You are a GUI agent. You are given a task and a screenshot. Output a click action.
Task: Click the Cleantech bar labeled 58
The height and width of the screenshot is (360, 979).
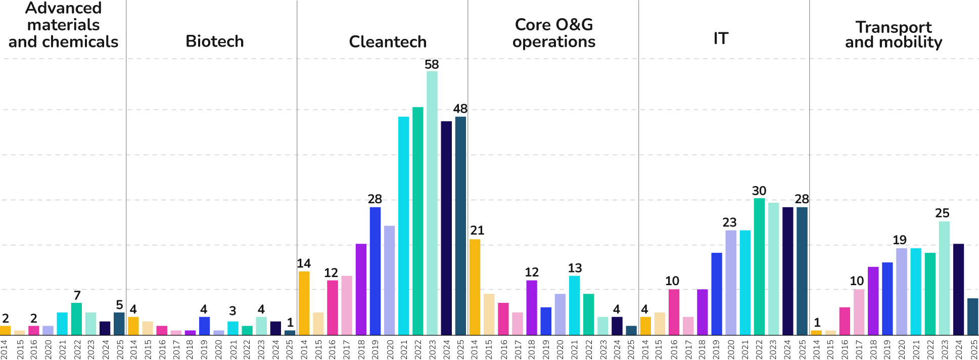pos(432,202)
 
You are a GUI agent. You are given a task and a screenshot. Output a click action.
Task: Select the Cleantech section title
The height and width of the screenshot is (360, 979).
pos(388,41)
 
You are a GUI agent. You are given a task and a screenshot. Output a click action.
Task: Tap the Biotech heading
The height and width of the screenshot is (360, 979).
pos(215,41)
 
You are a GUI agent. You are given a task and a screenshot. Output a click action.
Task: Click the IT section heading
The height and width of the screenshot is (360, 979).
pos(721,38)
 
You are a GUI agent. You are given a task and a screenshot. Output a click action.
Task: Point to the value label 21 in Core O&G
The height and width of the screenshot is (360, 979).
pos(477,231)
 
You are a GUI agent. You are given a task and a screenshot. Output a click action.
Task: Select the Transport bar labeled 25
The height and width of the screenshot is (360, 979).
pos(944,278)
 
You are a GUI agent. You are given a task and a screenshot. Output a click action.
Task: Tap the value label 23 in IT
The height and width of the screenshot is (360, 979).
pos(729,222)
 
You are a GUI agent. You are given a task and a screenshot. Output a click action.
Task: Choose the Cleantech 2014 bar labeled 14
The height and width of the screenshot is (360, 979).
pos(304,303)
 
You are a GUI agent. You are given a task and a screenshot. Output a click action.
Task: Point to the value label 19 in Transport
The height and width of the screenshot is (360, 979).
pos(900,240)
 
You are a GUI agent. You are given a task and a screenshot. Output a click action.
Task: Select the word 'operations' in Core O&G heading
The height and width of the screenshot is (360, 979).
pos(554,41)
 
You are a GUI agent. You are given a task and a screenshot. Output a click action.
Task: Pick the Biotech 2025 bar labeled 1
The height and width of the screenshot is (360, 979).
pos(290,332)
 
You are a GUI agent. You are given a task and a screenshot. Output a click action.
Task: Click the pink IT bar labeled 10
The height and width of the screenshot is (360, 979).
pos(674,311)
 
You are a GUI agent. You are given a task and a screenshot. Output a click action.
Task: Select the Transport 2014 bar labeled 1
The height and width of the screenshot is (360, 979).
pos(816,332)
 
